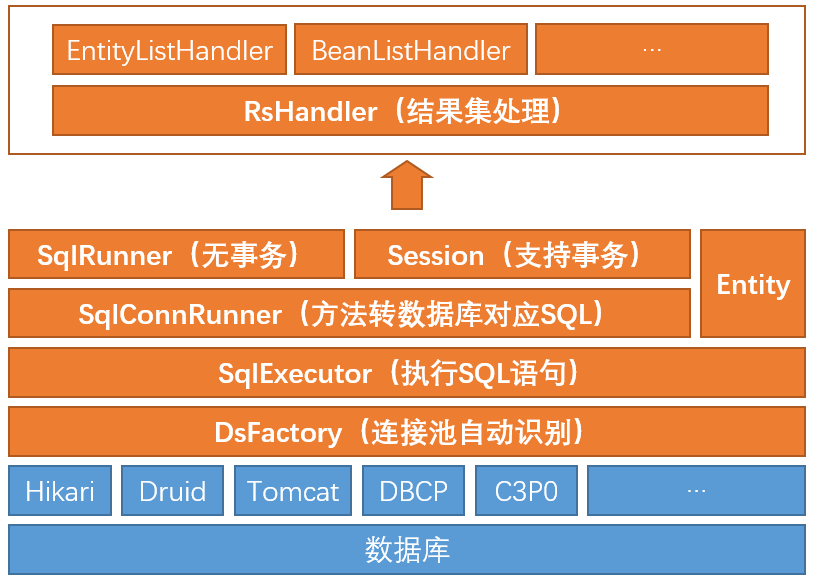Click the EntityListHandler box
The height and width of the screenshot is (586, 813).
click(169, 50)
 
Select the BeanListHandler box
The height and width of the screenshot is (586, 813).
click(411, 50)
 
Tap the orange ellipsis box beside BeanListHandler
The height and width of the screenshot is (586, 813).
click(652, 50)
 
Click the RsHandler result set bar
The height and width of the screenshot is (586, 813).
click(410, 110)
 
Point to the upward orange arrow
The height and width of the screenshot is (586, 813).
click(406, 185)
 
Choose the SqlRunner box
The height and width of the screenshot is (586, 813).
click(176, 255)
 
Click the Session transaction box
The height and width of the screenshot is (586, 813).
click(522, 255)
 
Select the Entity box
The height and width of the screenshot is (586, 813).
click(753, 284)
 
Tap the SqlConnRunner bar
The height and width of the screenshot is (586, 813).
click(348, 314)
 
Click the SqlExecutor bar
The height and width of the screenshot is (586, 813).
click(406, 373)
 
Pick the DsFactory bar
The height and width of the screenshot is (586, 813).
click(406, 432)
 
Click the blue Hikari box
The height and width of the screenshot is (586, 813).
click(60, 491)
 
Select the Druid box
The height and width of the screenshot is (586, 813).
click(173, 491)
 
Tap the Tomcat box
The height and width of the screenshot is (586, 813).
click(293, 491)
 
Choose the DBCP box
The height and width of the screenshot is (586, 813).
click(413, 491)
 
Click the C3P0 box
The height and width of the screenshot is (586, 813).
click(526, 491)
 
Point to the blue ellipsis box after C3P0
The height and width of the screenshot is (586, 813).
click(696, 491)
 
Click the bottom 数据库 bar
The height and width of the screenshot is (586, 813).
click(406, 550)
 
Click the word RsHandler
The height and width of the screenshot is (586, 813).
click(310, 111)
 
